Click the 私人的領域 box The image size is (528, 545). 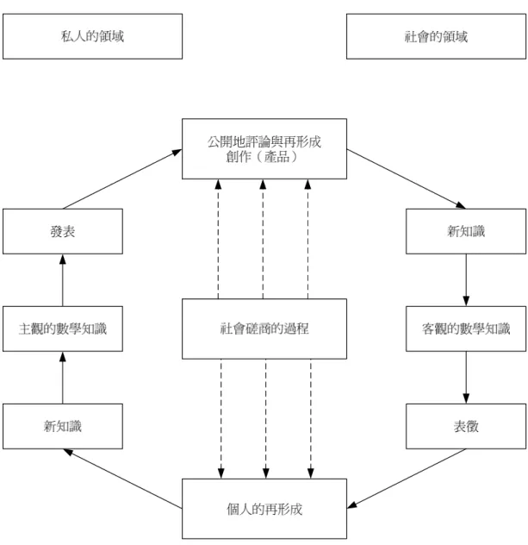click(92, 36)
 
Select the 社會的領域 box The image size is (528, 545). click(436, 36)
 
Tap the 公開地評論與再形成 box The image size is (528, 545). click(264, 149)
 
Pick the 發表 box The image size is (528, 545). click(63, 231)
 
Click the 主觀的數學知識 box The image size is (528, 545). click(63, 329)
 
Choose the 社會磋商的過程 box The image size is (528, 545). click(264, 329)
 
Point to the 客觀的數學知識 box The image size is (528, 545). click(466, 329)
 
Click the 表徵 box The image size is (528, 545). click(466, 426)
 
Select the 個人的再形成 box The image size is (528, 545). click(264, 509)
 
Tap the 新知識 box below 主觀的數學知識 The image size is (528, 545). click(63, 426)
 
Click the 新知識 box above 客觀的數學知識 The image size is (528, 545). click(466, 231)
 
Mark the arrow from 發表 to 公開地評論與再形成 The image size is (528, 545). click(122, 179)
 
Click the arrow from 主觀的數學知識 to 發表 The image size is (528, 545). click(63, 280)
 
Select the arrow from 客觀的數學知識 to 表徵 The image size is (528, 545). click(466, 378)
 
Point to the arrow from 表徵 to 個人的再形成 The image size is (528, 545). click(407, 479)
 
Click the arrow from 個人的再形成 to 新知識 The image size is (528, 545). click(122, 479)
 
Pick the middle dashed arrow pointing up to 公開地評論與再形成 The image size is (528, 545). click(263, 239)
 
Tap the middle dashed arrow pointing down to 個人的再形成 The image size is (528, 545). click(265, 419)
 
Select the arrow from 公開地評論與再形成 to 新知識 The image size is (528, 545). click(407, 179)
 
